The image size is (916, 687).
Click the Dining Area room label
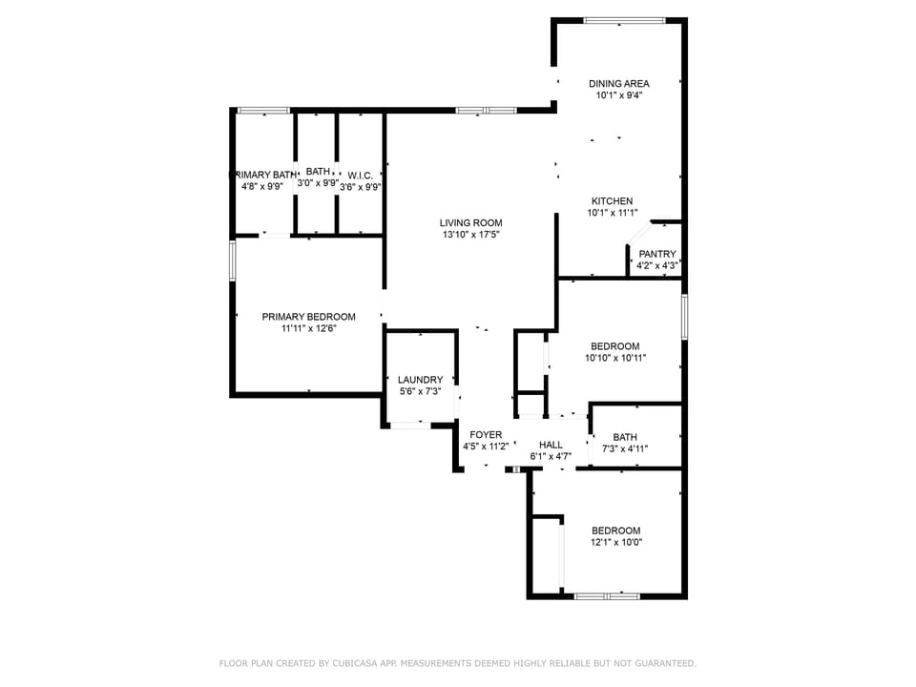(x=618, y=84)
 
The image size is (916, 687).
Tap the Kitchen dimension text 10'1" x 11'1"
(x=612, y=214)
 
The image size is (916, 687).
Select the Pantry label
(x=656, y=254)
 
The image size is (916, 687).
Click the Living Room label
(x=470, y=223)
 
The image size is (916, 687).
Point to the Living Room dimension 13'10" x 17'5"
(x=470, y=235)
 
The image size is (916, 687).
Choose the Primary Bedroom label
(x=308, y=317)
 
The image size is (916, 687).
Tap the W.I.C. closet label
(x=360, y=176)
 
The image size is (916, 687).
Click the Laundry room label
(x=420, y=379)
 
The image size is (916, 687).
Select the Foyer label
(x=486, y=435)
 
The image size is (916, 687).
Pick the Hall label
(x=551, y=445)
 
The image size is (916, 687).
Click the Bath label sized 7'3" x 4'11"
(x=625, y=437)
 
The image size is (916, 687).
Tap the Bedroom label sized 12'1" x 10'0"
(x=615, y=531)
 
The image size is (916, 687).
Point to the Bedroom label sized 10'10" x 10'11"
(x=614, y=346)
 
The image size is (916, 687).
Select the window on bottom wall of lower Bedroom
(x=607, y=596)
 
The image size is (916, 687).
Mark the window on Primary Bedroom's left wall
(x=232, y=260)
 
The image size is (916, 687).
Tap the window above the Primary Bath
(x=263, y=111)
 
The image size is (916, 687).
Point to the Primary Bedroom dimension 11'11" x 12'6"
(x=308, y=328)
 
